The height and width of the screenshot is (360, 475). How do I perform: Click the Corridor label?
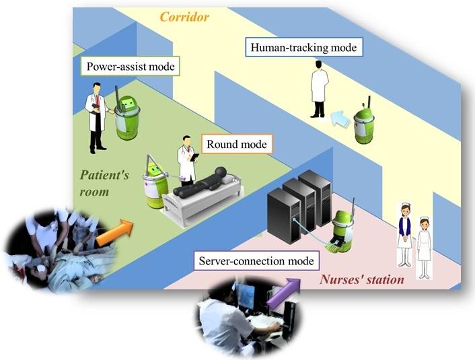184,16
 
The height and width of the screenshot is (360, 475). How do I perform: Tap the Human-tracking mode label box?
303,48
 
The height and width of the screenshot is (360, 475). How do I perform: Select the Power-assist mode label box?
131,67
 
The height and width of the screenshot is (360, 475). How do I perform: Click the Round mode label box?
236,144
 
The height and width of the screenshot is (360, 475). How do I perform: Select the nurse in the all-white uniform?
424,246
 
